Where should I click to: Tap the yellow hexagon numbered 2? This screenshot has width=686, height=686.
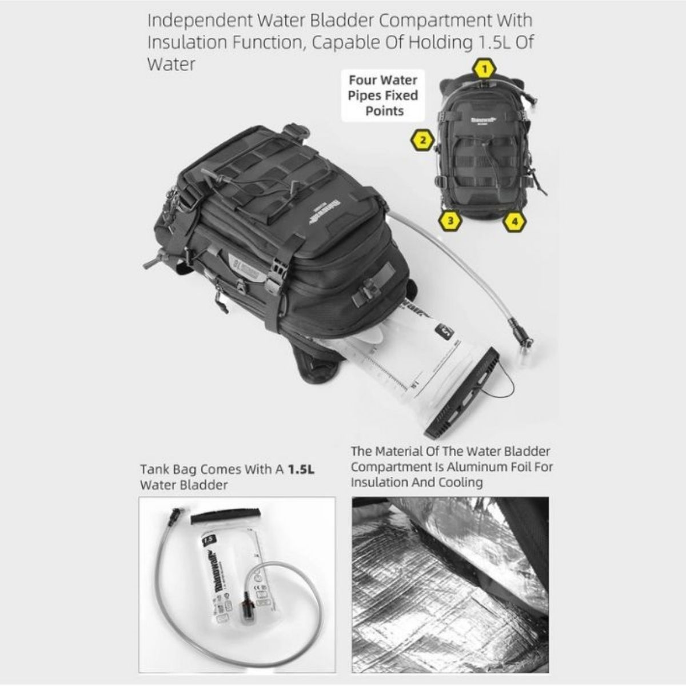422,139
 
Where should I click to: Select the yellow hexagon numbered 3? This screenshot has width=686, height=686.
450,220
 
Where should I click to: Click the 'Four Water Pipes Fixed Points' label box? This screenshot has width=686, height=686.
384,95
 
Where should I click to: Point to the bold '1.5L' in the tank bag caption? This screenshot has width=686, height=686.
301,469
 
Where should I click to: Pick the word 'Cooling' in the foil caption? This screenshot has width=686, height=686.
460,482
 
